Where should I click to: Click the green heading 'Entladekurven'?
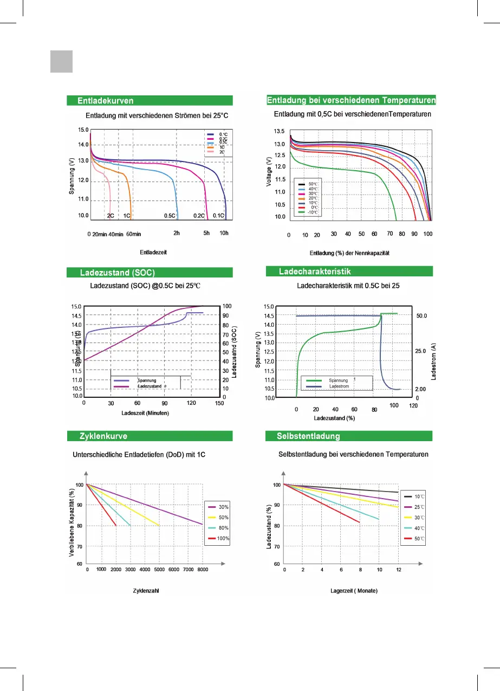(x=105, y=100)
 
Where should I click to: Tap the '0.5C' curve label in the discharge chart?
(x=170, y=216)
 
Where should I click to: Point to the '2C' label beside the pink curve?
(x=111, y=216)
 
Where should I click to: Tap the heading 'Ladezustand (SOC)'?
(x=113, y=272)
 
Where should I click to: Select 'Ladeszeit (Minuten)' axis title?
(x=145, y=414)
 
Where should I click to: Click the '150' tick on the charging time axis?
(x=219, y=403)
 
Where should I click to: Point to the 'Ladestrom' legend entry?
(x=339, y=386)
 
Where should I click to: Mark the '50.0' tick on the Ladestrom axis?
(x=422, y=315)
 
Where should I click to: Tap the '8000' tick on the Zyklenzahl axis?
(x=202, y=570)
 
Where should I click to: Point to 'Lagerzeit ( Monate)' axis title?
(x=354, y=590)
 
